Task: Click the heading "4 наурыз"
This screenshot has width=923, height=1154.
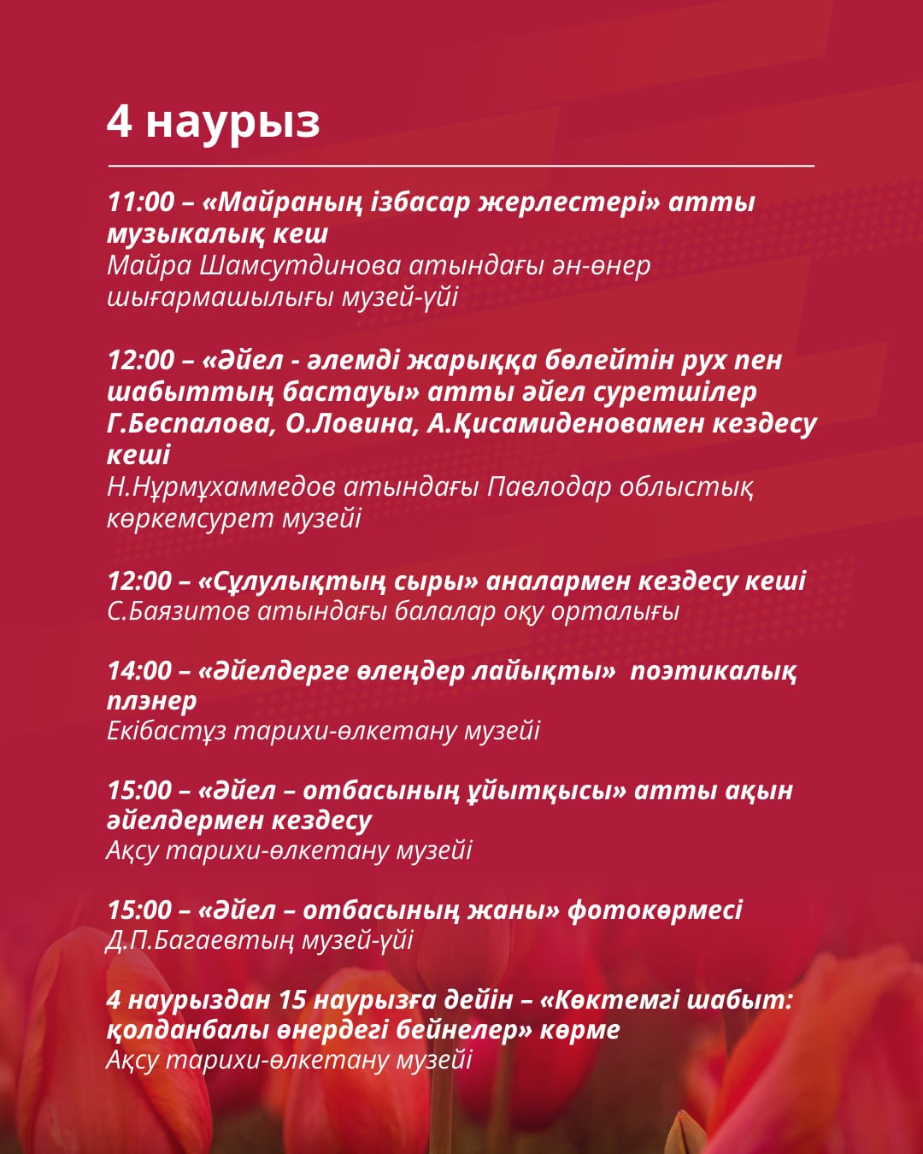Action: (x=213, y=121)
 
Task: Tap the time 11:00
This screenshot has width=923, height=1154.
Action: (x=141, y=203)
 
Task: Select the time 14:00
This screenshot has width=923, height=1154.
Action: (x=140, y=671)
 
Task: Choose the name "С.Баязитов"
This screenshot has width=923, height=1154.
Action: (x=179, y=612)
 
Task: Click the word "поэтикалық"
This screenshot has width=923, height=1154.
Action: (x=713, y=671)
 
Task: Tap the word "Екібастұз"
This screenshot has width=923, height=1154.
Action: (x=166, y=732)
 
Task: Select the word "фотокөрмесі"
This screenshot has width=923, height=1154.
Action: (x=655, y=910)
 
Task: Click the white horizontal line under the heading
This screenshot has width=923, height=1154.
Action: (x=461, y=165)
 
